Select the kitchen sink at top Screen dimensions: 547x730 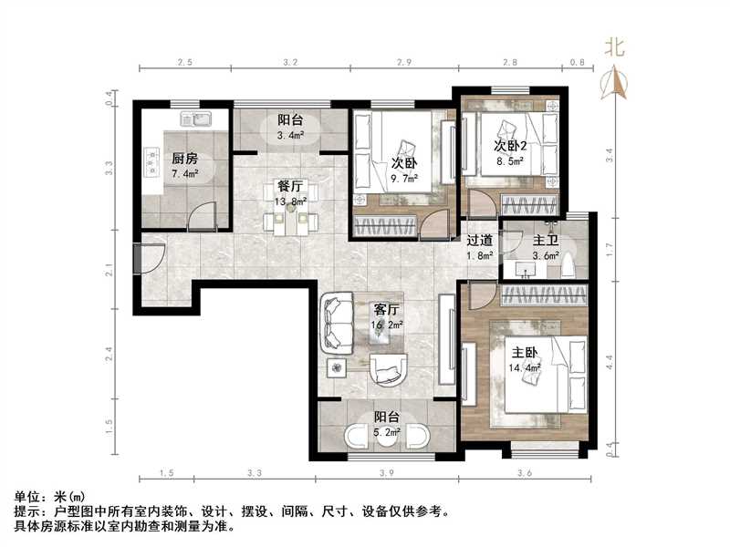[x=195, y=118]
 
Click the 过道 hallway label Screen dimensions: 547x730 [x=480, y=240]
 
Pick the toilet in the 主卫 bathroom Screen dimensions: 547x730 [x=568, y=265]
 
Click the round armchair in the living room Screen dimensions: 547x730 [x=391, y=368]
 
